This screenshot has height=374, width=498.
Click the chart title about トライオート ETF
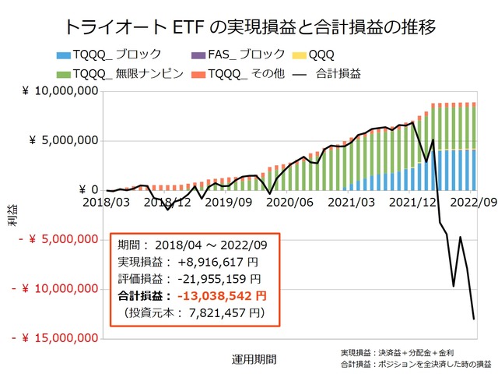pos(249,26)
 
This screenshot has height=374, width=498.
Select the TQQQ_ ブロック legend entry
pos(117,55)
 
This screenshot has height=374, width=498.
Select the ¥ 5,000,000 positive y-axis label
pos(63,141)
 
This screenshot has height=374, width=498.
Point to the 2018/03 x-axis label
pos(107,202)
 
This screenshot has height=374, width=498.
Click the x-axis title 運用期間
pos(253,359)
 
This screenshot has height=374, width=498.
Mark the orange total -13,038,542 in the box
pos(222,295)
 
